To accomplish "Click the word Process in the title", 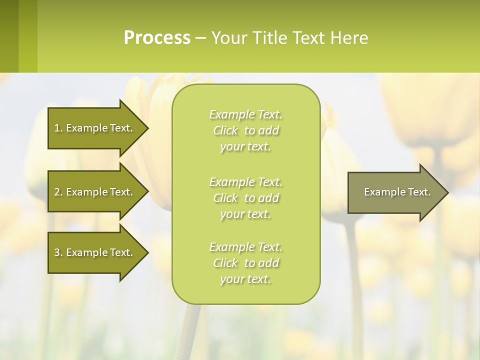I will (x=157, y=38).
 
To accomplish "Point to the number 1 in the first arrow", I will (x=57, y=128).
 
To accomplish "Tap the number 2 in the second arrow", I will (x=57, y=192).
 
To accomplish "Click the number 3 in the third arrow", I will (x=57, y=252).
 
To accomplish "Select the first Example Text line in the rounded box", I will (x=245, y=114).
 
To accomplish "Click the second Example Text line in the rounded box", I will (x=245, y=181).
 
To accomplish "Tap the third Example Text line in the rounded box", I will (x=245, y=247).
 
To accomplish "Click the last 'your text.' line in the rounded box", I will (x=245, y=279).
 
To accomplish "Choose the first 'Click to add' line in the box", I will (x=245, y=130).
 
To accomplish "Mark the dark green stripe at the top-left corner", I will (x=9, y=36).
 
